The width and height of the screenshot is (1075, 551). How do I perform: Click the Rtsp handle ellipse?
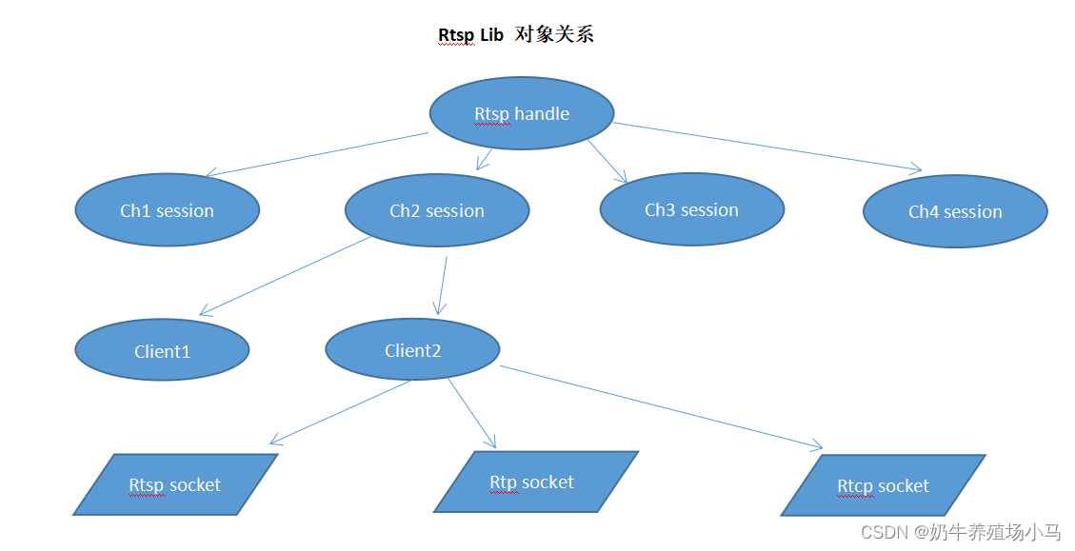tap(522, 113)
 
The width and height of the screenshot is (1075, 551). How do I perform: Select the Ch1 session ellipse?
tap(167, 210)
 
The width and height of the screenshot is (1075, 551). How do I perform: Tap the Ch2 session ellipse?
tap(436, 210)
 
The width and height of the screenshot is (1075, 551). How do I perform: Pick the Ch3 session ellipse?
tap(691, 209)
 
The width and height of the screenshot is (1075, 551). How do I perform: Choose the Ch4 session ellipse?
tap(955, 211)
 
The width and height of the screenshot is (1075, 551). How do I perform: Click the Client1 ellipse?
tap(162, 350)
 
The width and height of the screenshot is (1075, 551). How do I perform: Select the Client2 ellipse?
tap(412, 350)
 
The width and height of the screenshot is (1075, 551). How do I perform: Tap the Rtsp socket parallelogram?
tap(175, 484)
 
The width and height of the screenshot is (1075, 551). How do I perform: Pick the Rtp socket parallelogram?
tap(534, 482)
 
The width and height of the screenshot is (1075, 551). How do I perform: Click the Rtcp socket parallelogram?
tap(883, 485)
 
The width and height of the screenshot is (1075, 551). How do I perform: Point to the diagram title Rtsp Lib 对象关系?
tap(515, 35)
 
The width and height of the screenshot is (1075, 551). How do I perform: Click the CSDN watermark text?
tap(960, 532)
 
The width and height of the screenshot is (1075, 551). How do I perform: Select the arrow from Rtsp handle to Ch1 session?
tap(317, 154)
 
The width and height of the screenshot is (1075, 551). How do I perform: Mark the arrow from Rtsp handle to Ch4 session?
tap(766, 147)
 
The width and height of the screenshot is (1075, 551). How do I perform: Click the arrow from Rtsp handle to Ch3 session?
tap(607, 160)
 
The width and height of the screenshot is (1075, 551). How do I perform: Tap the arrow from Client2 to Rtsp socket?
tap(341, 412)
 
